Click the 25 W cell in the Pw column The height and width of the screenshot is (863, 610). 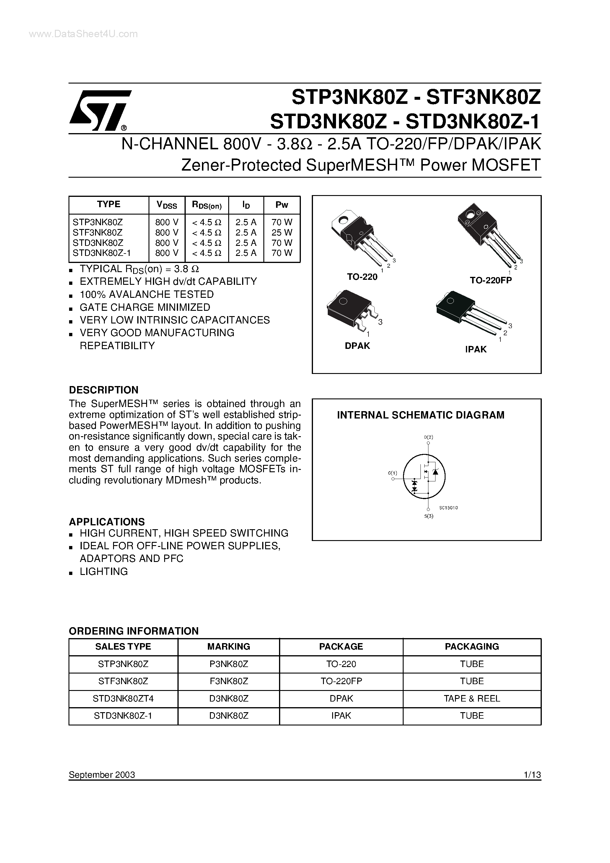click(282, 232)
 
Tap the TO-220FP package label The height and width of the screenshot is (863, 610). click(490, 280)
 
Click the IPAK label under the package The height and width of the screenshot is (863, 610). click(476, 349)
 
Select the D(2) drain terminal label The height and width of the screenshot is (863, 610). click(428, 437)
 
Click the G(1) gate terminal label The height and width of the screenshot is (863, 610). click(392, 473)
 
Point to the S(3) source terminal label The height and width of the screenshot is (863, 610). click(429, 516)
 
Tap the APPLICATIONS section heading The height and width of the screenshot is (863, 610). click(107, 522)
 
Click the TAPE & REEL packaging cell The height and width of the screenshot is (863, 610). click(472, 698)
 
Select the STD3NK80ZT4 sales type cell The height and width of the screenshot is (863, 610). click(123, 698)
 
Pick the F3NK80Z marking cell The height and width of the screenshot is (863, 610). click(229, 681)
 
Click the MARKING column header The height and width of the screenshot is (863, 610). click(229, 646)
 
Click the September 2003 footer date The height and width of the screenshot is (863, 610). click(102, 775)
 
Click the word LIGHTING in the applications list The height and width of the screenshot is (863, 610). click(104, 571)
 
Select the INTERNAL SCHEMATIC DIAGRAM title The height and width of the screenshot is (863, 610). click(420, 415)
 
